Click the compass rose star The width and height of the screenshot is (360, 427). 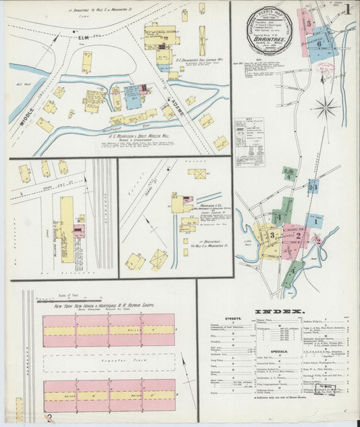click(326, 106)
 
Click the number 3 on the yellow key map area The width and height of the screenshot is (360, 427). click(272, 235)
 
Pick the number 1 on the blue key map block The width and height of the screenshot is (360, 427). click(314, 220)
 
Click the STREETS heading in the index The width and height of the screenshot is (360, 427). click(225, 320)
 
